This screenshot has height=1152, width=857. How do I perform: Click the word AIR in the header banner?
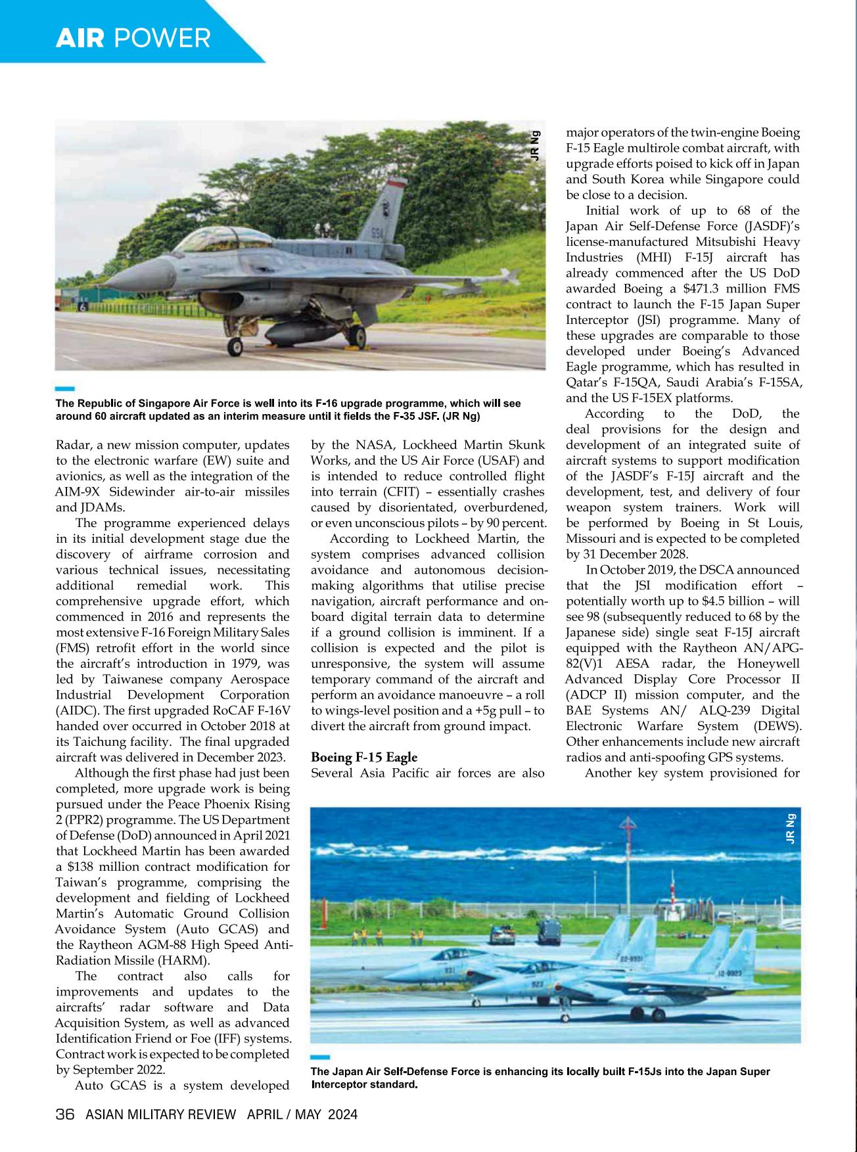tap(80, 38)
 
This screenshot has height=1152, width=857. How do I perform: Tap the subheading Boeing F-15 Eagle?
tap(363, 757)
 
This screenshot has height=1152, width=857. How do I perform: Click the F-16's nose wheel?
tap(234, 346)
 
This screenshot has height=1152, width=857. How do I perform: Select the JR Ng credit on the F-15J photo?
tap(790, 829)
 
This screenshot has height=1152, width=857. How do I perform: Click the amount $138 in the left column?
tap(81, 867)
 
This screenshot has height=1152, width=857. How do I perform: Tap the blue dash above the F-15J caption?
tap(319, 1057)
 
